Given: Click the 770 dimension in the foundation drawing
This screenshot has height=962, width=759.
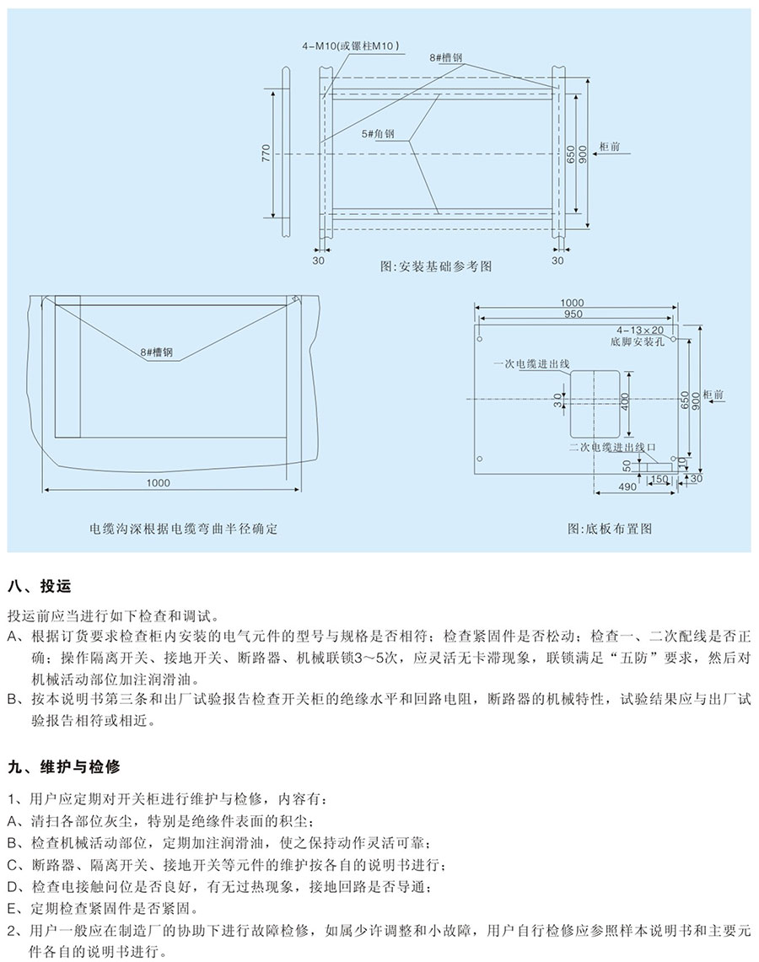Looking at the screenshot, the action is pos(266,153).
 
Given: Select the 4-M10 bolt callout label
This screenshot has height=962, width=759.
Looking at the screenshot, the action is pos(350,46).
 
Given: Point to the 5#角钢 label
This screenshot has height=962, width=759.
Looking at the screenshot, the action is pos(378,134).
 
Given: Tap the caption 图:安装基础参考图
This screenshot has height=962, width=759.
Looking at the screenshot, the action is pos(436,267).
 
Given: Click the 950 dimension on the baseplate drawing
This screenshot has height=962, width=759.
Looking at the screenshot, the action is pos(573,314).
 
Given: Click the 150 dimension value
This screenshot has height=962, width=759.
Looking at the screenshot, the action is pos(659,479).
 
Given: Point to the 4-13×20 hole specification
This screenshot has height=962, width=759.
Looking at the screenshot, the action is pos(640,330).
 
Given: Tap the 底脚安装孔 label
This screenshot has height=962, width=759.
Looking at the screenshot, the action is pos(637,341).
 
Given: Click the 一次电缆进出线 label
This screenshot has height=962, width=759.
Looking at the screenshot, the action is pos(531,364).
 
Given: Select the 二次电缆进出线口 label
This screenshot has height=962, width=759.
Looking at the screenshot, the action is pos(611,447).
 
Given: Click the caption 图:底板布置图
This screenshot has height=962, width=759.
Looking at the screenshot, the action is pos(609,529).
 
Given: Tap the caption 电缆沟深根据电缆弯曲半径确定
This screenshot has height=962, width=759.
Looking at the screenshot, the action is pos(184,529).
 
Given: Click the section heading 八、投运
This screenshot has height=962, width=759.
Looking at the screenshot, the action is pos(40,587).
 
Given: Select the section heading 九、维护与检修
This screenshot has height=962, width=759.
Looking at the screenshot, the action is pos(64,767).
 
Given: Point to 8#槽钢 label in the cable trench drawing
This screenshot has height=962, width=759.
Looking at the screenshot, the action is pos(157,352).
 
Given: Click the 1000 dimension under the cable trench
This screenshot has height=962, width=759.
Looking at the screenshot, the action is pos(159,483).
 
